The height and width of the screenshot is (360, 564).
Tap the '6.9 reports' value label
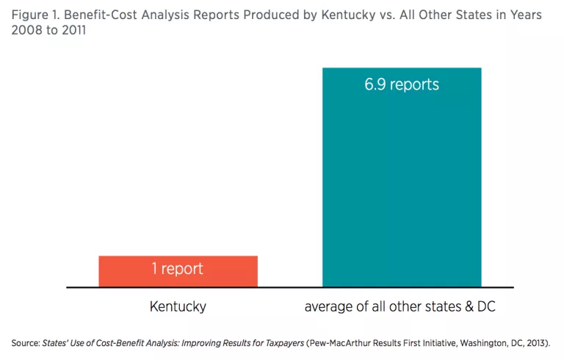pos(402,84)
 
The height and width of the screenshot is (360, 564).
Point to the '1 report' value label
pos(178,269)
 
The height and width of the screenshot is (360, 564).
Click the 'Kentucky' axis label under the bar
pos(178,306)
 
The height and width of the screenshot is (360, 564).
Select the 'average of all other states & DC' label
pos(400,306)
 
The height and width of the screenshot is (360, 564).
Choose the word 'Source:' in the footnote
pos(26,343)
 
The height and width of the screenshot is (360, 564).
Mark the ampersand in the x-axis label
pos(470,306)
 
